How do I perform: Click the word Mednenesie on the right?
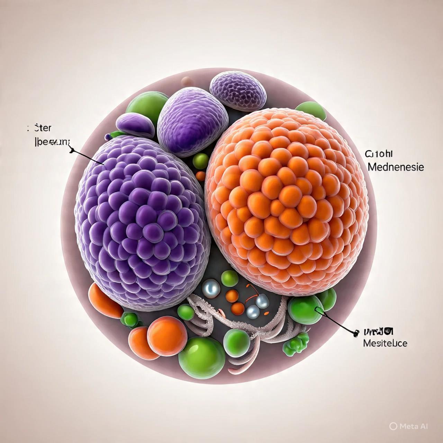[396, 167]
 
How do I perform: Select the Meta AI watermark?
[408, 426]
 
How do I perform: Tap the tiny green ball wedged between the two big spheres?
[200, 161]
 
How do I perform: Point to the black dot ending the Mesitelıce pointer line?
[354, 334]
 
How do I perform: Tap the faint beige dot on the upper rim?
[186, 80]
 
